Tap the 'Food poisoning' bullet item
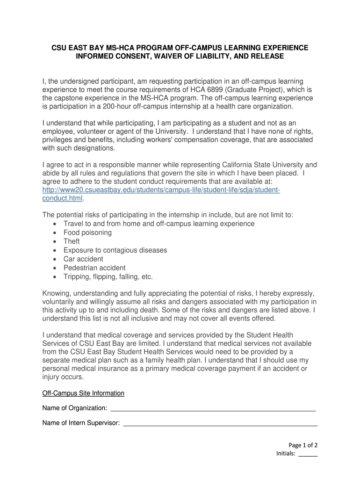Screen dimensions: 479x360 coord(87,232)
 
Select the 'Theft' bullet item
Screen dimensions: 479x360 coord(72,241)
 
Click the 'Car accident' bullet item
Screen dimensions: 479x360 coord(83,259)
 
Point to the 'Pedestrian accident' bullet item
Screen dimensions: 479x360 coord(94,268)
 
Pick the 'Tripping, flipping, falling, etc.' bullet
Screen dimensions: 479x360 coord(108,277)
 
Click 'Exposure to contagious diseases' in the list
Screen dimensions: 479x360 coord(115,250)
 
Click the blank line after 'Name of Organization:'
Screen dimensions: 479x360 coord(213,409)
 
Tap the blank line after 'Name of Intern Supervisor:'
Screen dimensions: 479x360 coord(220,424)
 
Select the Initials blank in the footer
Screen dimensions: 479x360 coord(308,454)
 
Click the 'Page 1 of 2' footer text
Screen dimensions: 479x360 coord(302,445)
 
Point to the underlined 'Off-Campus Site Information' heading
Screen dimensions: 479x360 coord(83,393)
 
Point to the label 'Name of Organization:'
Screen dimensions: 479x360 coord(75,409)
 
